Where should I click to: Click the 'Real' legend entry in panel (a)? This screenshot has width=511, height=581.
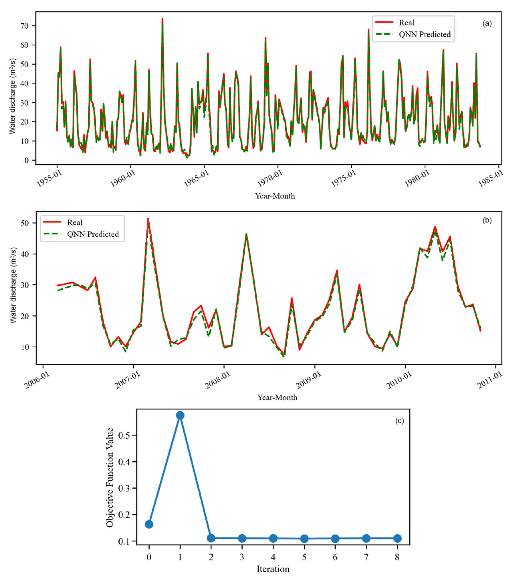(x=406, y=23)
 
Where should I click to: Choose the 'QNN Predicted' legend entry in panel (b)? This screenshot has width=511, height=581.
(x=93, y=234)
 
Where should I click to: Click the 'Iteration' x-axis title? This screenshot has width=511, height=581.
(x=273, y=569)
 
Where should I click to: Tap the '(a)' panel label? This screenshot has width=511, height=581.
(x=487, y=24)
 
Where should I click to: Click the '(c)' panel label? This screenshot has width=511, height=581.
(x=400, y=421)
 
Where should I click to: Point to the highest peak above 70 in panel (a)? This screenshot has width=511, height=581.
(x=162, y=19)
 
